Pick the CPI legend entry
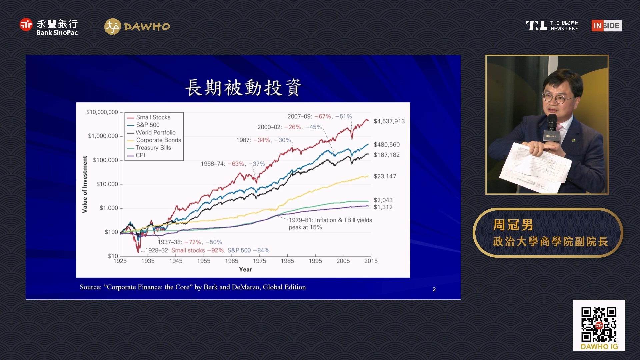point(136,155)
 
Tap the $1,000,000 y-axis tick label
point(103,136)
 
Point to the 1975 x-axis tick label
point(259,261)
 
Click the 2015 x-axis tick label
point(371,261)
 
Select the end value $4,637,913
point(389,121)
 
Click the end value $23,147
point(385,176)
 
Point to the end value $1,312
point(383,207)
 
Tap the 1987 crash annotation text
point(263,140)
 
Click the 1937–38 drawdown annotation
point(190,242)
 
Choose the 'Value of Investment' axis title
point(85,184)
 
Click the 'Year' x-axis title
point(245,269)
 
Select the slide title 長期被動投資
point(243,88)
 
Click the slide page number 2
point(434,289)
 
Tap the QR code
point(599,325)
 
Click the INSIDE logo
point(607,26)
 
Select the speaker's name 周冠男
point(513,225)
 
